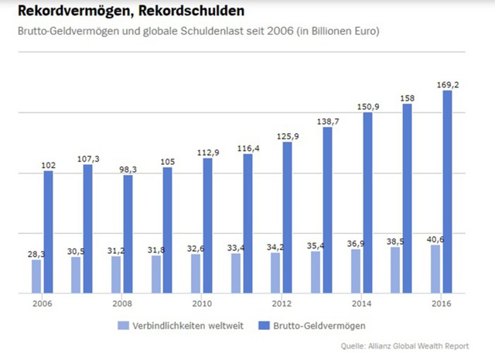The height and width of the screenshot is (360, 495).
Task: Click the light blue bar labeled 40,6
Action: point(435,269)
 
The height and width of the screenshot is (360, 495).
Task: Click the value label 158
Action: point(407,98)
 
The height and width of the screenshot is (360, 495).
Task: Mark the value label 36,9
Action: point(355,242)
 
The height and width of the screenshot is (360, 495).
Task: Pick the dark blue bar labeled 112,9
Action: point(207,226)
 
